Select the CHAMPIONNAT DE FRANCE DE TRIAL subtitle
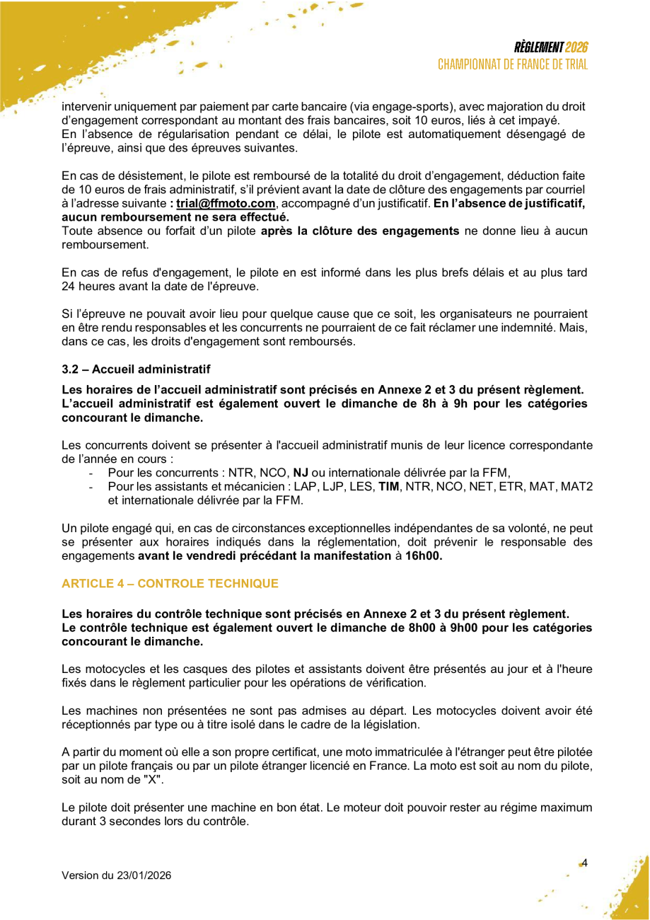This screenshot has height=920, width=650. point(513,64)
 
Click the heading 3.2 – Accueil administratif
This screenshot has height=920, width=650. point(136,369)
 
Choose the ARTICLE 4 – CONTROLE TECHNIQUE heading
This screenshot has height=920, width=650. point(170,583)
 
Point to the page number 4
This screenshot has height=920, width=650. point(585,862)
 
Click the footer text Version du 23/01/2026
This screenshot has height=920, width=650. point(116,875)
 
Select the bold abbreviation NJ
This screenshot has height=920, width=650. point(301,473)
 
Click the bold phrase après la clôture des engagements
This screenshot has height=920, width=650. point(360,231)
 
